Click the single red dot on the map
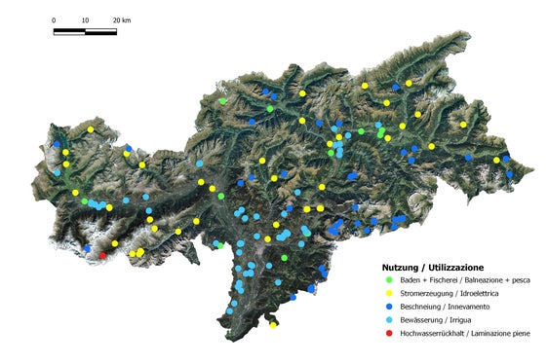[x=103, y=255]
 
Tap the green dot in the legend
[x=389, y=280]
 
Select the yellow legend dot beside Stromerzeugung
[x=389, y=293]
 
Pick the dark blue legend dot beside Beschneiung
[x=389, y=307]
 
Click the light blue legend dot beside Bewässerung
[x=389, y=320]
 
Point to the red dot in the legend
[x=389, y=334]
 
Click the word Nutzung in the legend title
[x=400, y=267]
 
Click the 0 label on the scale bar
[x=54, y=19]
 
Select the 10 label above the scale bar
[x=85, y=19]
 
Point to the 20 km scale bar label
[x=121, y=19]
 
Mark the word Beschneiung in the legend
[x=418, y=307]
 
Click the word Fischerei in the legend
[x=438, y=280]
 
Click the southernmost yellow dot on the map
[x=274, y=324]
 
